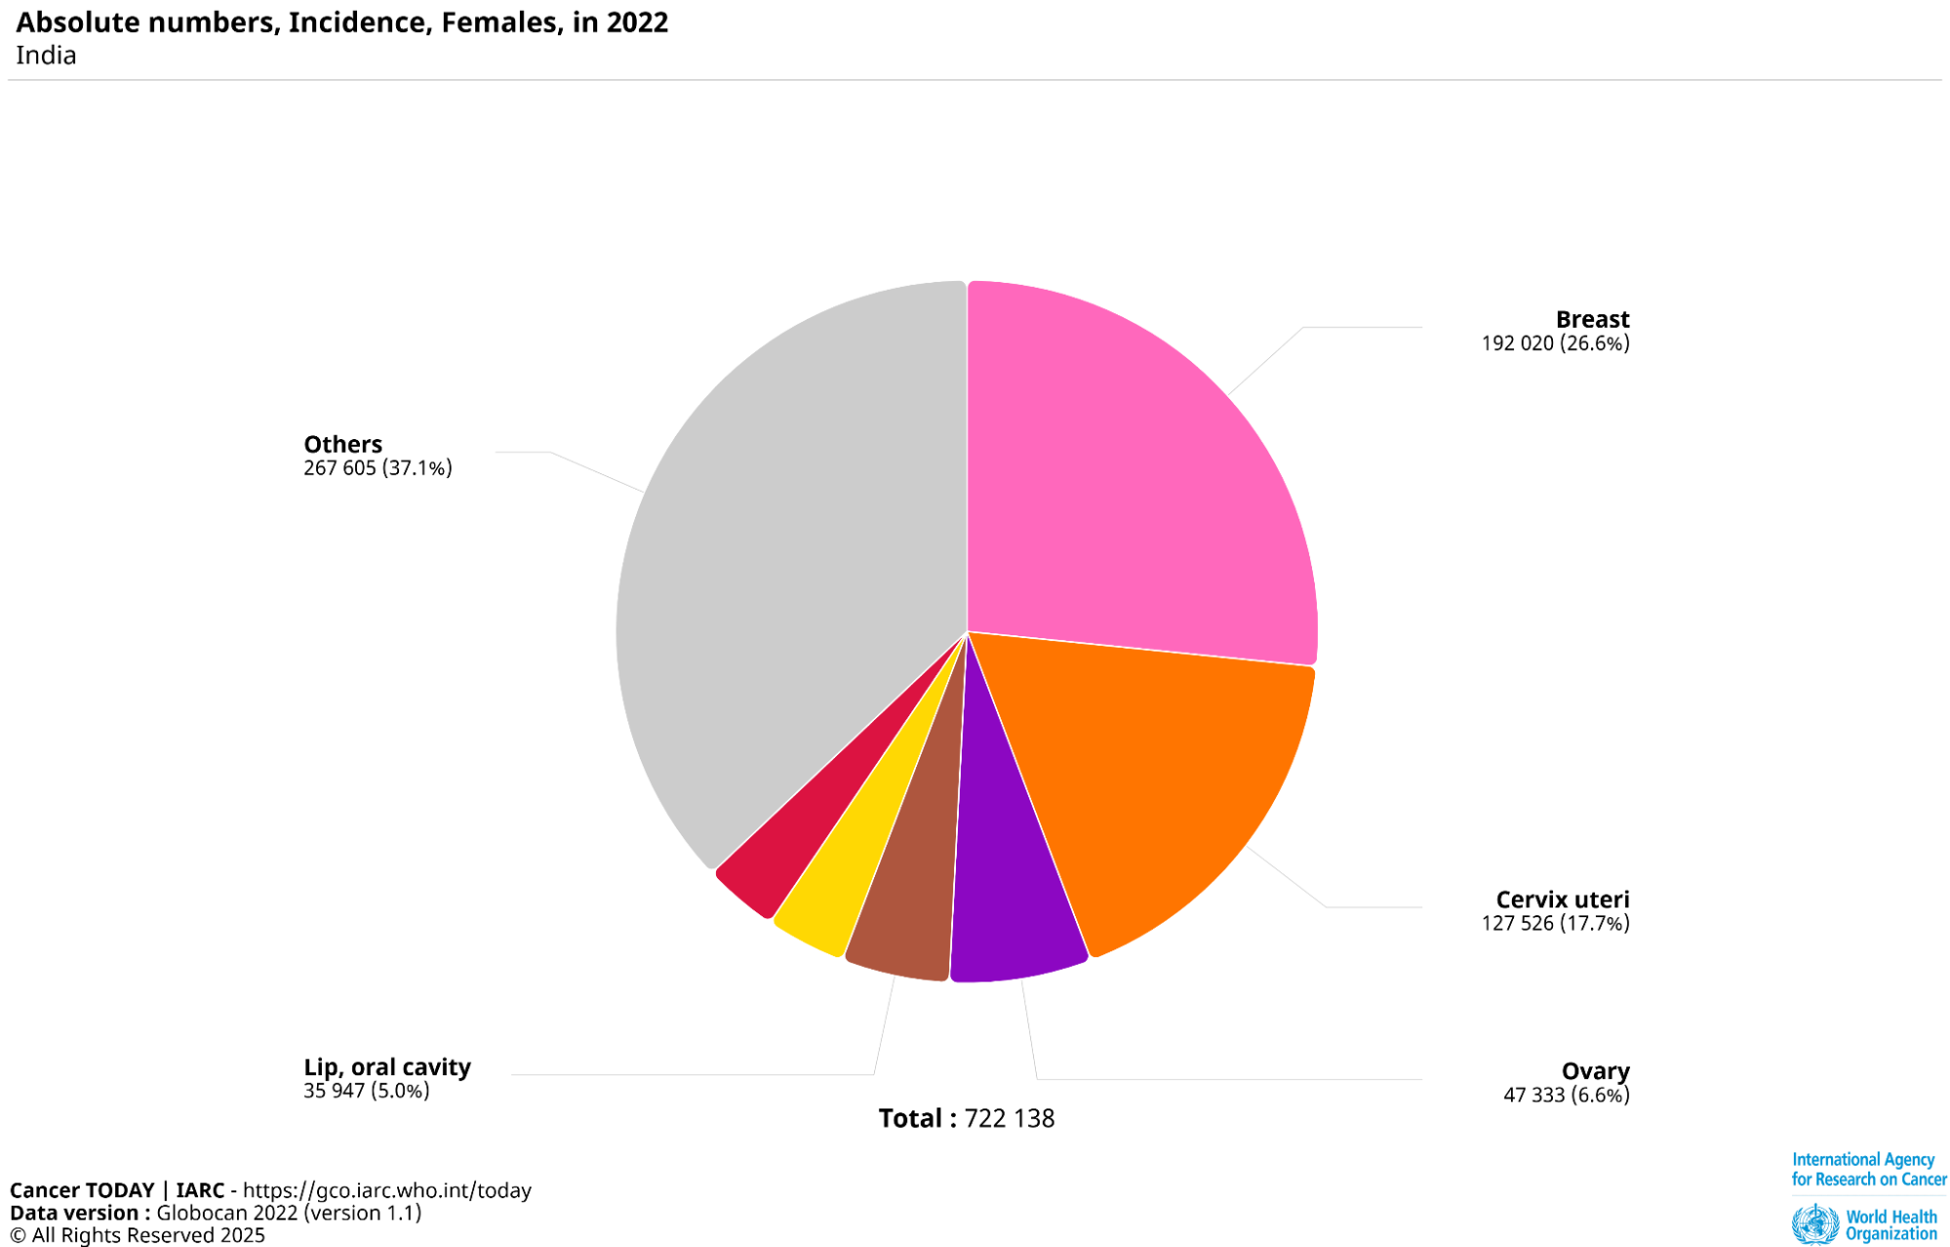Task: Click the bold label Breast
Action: [1592, 319]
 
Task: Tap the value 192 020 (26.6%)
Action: [1555, 343]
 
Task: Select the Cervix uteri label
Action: [1562, 899]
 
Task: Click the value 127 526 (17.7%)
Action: [1555, 923]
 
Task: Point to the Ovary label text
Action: [1595, 1071]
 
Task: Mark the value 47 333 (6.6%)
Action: [1566, 1095]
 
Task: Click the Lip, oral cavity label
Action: [387, 1066]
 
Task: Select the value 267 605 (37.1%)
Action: [378, 468]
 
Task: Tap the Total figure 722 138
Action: [1009, 1118]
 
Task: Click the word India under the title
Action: [46, 56]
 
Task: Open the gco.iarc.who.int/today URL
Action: [387, 1190]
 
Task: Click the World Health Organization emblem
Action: [1814, 1225]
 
